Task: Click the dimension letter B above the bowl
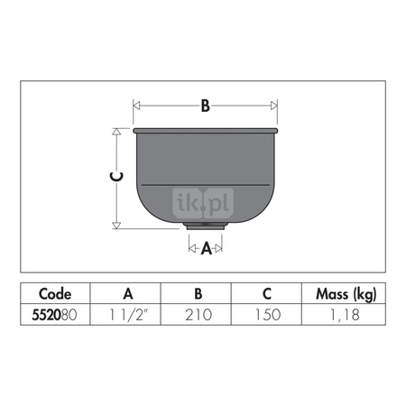tap(205, 106)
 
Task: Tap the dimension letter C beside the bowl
tap(116, 177)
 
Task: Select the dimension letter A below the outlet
tap(207, 248)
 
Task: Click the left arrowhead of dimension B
tap(136, 106)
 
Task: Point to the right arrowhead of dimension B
tap(273, 106)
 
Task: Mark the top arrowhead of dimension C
tap(116, 132)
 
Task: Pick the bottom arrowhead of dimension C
tap(116, 226)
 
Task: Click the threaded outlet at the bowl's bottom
tap(206, 226)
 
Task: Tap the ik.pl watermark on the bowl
tap(203, 203)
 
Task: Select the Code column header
tap(55, 294)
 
